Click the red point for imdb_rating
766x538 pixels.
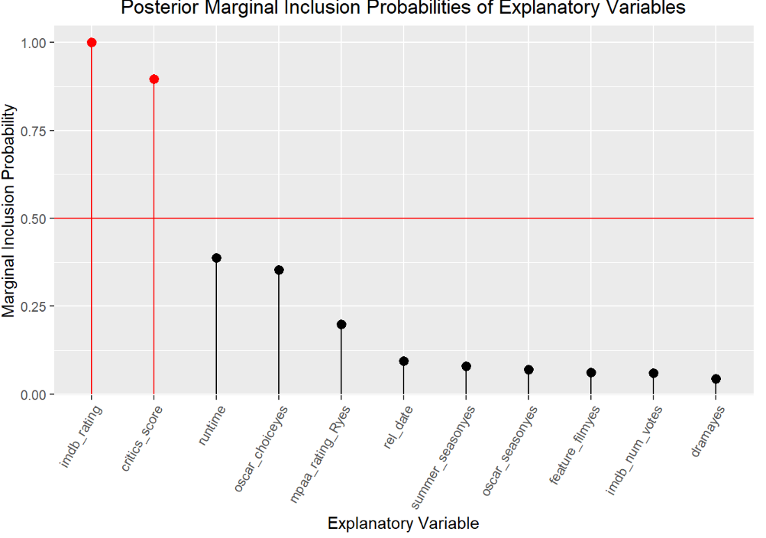[92, 43]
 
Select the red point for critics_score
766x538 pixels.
[154, 79]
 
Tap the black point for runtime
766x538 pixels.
[216, 258]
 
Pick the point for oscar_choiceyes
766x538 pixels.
[279, 270]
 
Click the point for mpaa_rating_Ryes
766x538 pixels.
[341, 325]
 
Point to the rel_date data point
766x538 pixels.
[404, 361]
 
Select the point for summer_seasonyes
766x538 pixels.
[467, 367]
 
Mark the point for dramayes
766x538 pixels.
[716, 379]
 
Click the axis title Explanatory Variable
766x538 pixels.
[403, 523]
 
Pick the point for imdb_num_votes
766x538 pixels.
[653, 374]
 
